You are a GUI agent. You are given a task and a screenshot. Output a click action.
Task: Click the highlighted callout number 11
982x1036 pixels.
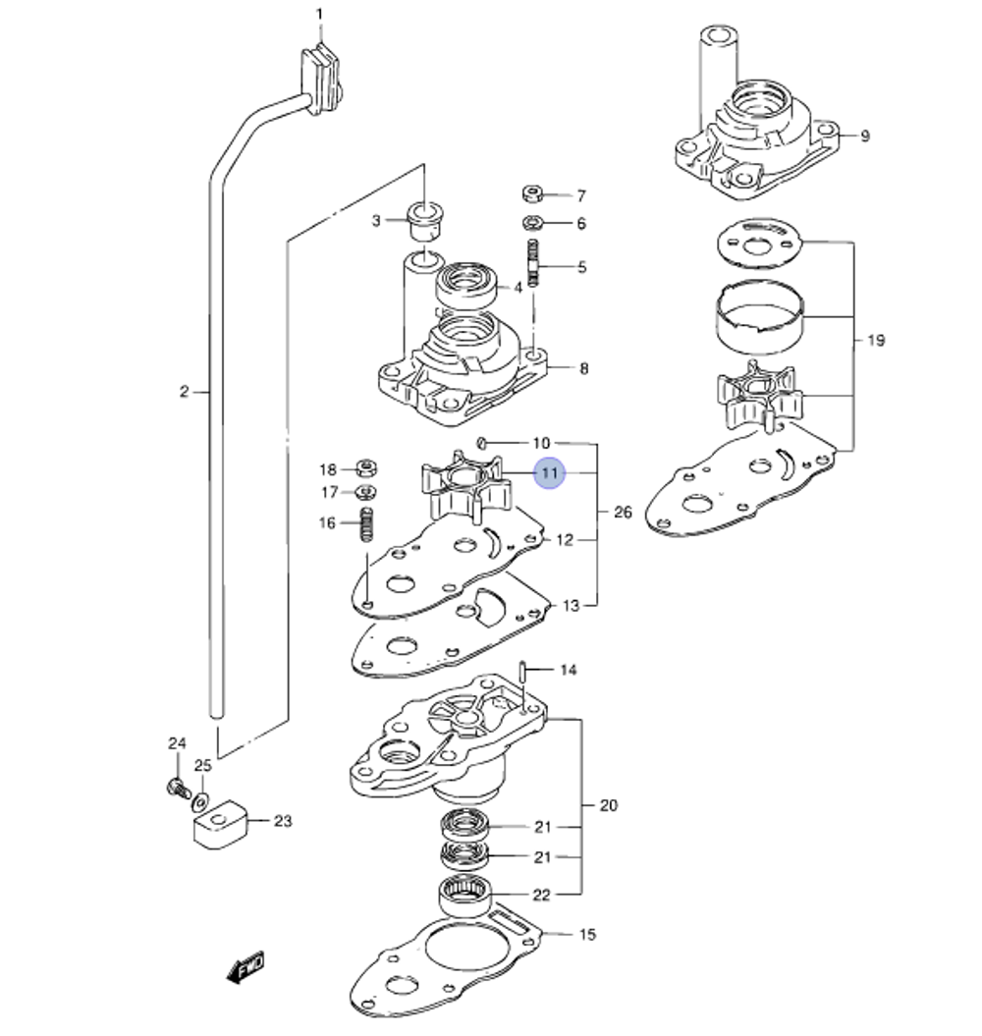550,473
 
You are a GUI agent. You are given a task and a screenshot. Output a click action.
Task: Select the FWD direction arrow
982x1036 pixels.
246,966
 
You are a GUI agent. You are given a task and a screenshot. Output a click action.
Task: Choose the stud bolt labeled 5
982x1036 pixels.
534,263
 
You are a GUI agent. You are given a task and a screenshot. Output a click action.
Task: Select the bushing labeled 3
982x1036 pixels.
424,221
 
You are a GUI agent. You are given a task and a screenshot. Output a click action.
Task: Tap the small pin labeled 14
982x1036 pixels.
526,673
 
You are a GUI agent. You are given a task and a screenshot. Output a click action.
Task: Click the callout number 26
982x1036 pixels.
623,513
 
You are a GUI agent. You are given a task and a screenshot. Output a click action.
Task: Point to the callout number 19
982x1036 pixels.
876,341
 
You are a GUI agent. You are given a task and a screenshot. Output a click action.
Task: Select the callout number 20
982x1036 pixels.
609,805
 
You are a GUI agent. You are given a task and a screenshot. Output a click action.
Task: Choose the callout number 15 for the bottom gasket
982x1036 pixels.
586,934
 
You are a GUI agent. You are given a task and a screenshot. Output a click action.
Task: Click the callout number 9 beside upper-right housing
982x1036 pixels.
864,136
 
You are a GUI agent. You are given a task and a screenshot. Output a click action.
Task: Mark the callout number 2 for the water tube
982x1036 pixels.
184,392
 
